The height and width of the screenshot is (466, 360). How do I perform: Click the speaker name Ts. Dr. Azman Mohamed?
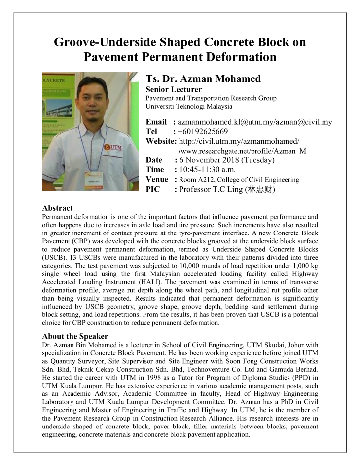click(x=204, y=79)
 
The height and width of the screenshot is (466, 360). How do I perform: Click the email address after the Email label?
click(x=254, y=122)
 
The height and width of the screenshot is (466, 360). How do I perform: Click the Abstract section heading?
click(x=57, y=208)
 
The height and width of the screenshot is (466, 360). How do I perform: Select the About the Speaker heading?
click(x=75, y=336)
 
